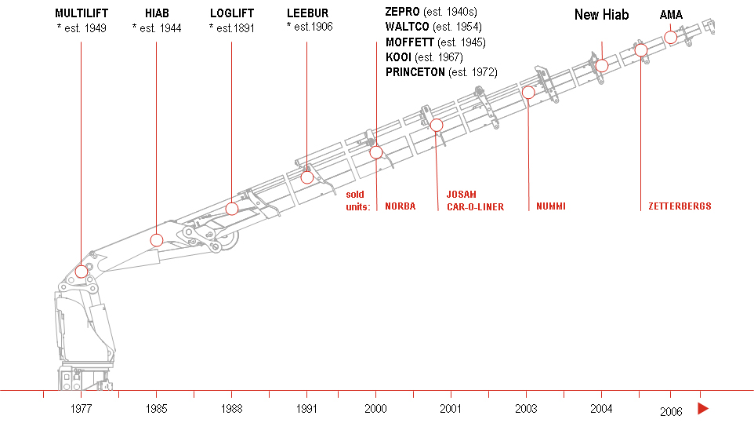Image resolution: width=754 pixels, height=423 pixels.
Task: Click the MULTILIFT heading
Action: tap(82, 13)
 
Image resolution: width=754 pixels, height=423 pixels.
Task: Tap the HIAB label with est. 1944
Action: tap(157, 13)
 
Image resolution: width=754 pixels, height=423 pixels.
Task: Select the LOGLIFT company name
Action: tap(232, 13)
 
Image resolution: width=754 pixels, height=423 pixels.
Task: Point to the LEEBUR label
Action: tap(308, 13)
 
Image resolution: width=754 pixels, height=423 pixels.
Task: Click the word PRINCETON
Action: tap(415, 72)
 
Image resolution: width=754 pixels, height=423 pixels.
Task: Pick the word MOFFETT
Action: tap(410, 42)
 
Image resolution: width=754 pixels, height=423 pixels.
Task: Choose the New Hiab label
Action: tap(602, 15)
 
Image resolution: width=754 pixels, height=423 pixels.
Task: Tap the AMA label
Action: tap(671, 15)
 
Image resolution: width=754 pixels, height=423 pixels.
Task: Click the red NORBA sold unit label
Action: tap(400, 206)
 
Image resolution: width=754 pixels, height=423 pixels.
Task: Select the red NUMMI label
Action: tap(551, 206)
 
